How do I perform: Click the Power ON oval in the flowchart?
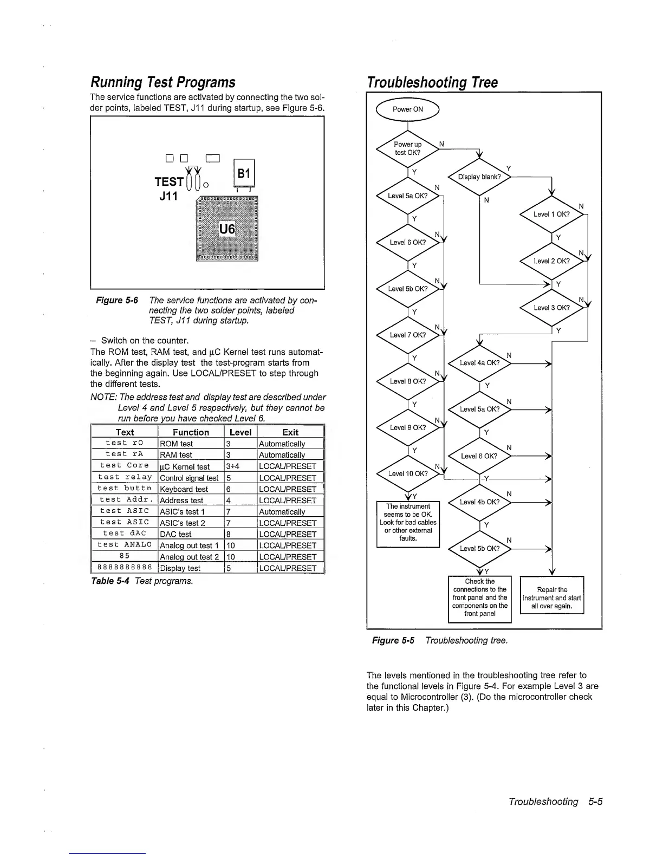coord(408,109)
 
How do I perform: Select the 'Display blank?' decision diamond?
coord(479,177)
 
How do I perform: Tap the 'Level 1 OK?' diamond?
coord(551,214)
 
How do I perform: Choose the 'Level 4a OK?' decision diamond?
coord(479,363)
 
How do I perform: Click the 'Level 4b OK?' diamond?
coord(479,502)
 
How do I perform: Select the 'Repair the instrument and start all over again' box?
coord(551,597)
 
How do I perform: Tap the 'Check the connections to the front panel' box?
coord(479,597)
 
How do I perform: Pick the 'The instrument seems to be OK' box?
coord(408,522)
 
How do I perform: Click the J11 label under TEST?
coord(168,196)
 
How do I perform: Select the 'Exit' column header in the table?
coord(290,432)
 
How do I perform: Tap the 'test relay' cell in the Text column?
coord(125,477)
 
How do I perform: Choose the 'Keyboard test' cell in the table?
coord(184,489)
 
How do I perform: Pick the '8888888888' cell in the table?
coord(125,568)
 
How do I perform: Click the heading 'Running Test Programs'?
coord(162,82)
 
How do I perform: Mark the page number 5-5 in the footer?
coord(595,802)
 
